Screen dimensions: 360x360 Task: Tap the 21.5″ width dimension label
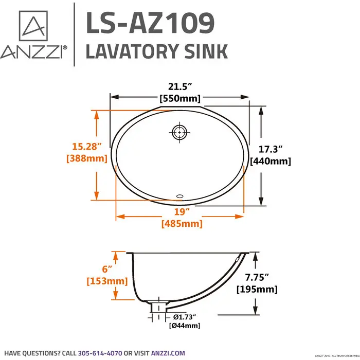pos(181,86)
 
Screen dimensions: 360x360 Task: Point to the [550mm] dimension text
pos(181,98)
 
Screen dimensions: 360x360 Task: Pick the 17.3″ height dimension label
pos(271,150)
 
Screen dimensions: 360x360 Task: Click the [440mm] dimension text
pos(271,161)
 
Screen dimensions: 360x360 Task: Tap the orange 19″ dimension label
pos(181,211)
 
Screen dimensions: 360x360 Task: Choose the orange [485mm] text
pos(182,224)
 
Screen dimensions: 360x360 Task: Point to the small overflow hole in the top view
pos(180,196)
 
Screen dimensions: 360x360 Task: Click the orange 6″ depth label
pos(105,269)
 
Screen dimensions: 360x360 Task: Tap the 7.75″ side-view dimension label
pos(257,277)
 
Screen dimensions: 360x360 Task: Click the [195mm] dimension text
pos(257,289)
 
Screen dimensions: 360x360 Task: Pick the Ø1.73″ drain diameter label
pos(184,316)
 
